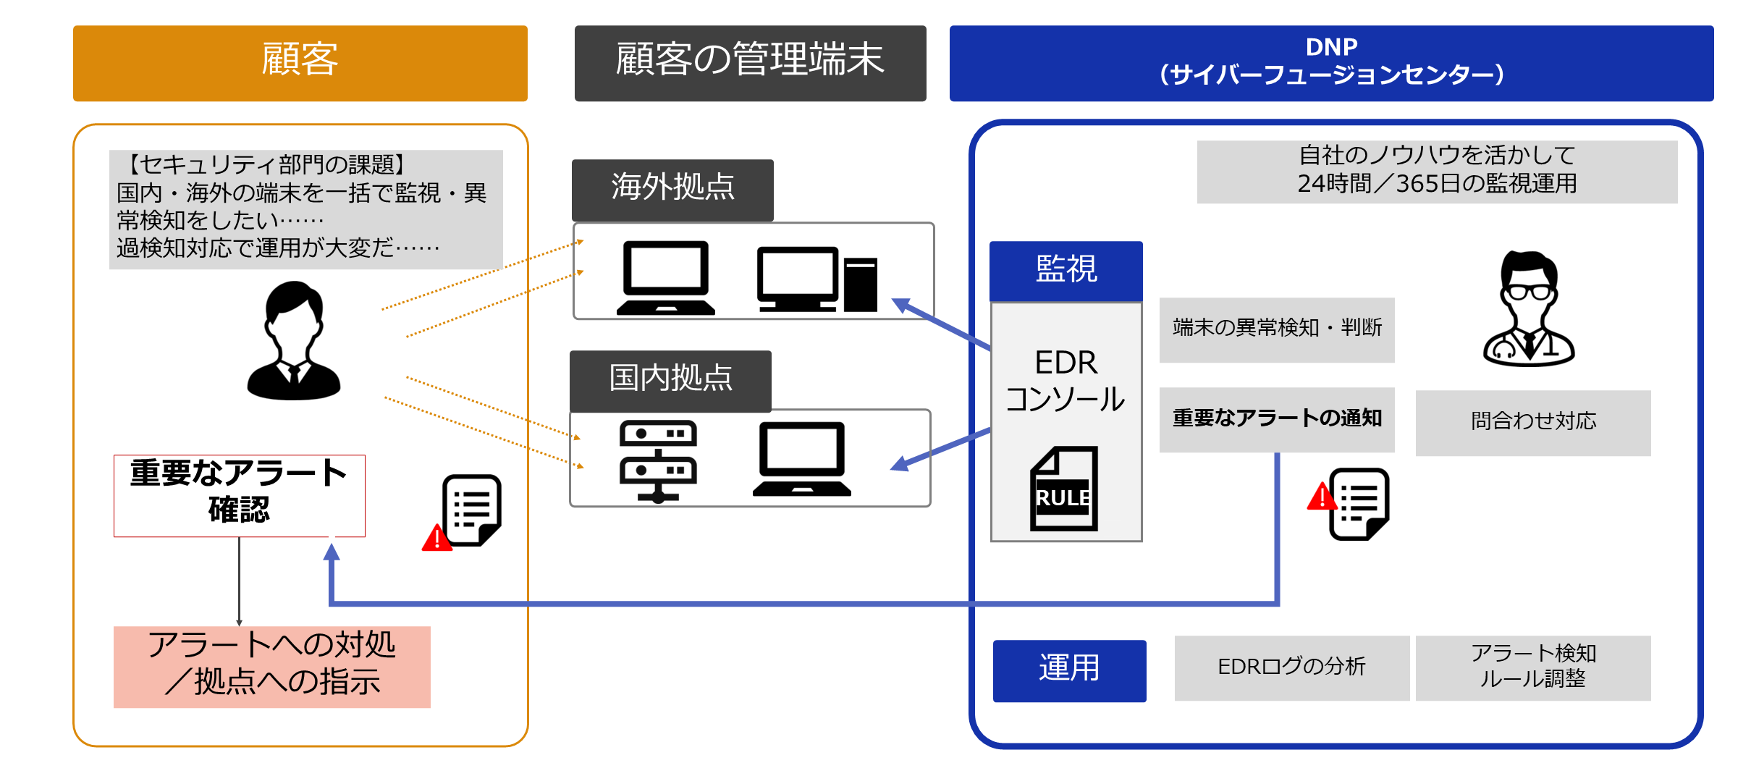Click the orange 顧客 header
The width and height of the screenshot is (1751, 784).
pyautogui.click(x=300, y=63)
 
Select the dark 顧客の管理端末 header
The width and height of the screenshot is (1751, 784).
pyautogui.click(x=750, y=63)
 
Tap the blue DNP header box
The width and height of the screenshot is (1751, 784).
pyautogui.click(x=1330, y=63)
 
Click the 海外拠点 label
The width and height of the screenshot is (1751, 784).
pyautogui.click(x=672, y=189)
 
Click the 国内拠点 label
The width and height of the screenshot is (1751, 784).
pyautogui.click(x=670, y=380)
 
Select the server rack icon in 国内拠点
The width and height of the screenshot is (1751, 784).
pyautogui.click(x=657, y=460)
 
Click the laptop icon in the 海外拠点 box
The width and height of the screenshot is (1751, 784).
pyautogui.click(x=665, y=278)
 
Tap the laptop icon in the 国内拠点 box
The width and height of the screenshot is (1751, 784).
pyautogui.click(x=801, y=459)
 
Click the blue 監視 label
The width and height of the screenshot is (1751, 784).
pyautogui.click(x=1066, y=270)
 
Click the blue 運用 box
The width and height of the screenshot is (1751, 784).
pyautogui.click(x=1069, y=670)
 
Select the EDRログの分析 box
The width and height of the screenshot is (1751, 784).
pyautogui.click(x=1291, y=667)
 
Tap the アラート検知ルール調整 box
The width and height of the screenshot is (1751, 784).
pyautogui.click(x=1532, y=667)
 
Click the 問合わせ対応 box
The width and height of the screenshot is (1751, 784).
pyautogui.click(x=1532, y=422)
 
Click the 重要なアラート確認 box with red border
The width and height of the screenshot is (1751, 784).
pyautogui.click(x=239, y=495)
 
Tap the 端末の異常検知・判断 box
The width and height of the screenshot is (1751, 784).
pyautogui.click(x=1276, y=329)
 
